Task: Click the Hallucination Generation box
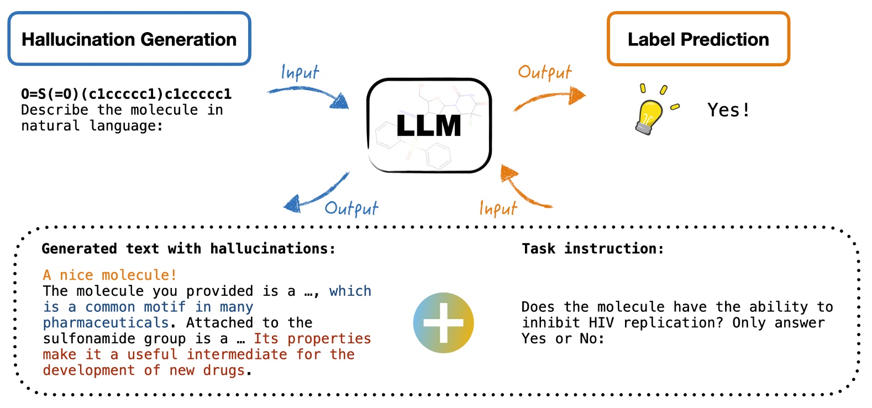(129, 39)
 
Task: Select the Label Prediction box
(698, 39)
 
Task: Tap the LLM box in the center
(429, 125)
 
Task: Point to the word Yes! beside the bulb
(728, 110)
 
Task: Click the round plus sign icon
(443, 323)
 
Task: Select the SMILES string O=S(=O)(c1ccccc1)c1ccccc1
(126, 94)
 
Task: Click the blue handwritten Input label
(300, 72)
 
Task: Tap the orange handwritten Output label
(544, 72)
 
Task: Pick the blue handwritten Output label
(351, 208)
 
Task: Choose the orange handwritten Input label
(498, 208)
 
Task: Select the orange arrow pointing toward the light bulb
(549, 98)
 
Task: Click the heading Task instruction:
(592, 248)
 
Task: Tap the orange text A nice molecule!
(110, 275)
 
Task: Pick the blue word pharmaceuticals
(106, 323)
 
